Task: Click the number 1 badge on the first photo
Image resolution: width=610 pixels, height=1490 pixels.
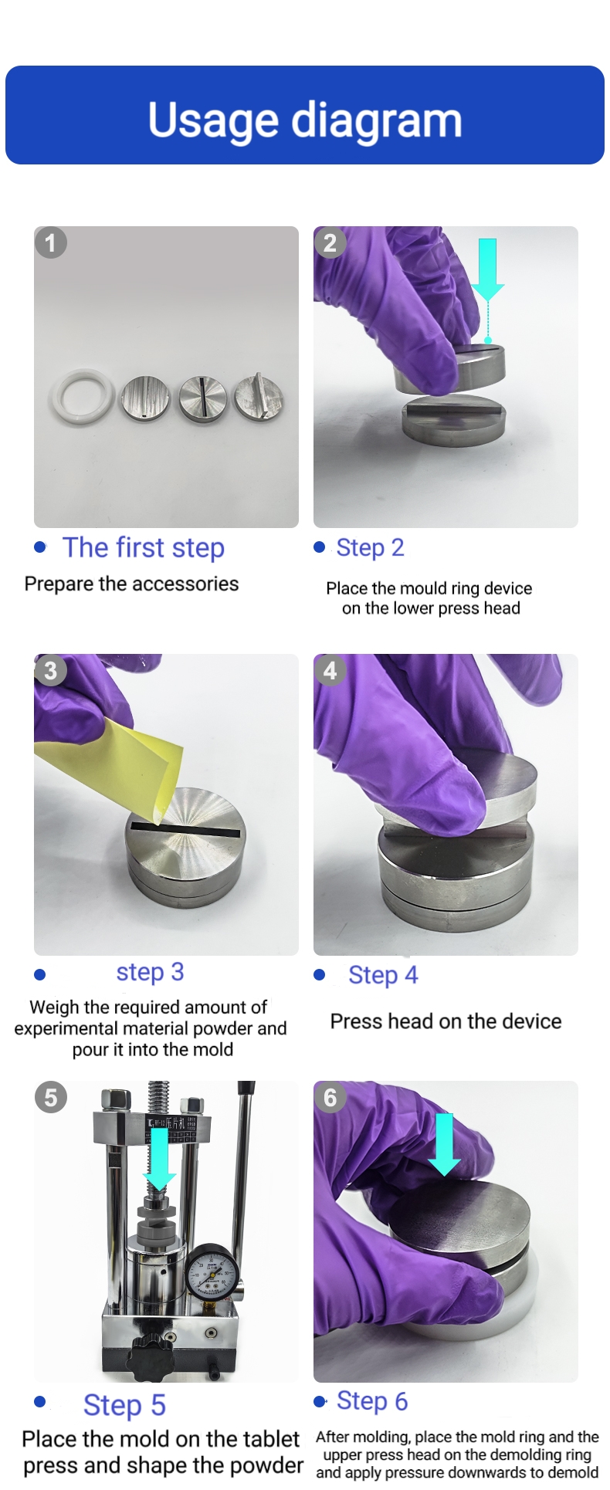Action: [51, 243]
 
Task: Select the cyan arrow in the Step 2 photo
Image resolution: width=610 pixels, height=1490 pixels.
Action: [487, 290]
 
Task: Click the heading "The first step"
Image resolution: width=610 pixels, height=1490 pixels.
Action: [144, 547]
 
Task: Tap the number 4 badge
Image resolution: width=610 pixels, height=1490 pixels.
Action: [330, 670]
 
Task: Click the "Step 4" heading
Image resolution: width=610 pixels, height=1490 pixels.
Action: [383, 975]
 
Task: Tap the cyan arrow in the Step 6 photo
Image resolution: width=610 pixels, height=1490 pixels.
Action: [444, 1144]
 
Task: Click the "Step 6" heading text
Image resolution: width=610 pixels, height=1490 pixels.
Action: [372, 1401]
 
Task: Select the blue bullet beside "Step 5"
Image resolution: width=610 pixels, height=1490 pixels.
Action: [40, 1401]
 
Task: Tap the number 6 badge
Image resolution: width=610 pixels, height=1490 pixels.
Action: [330, 1097]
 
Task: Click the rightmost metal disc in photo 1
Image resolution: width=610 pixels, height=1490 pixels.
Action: [259, 397]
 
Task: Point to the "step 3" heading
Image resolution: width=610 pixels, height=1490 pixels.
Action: [150, 972]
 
